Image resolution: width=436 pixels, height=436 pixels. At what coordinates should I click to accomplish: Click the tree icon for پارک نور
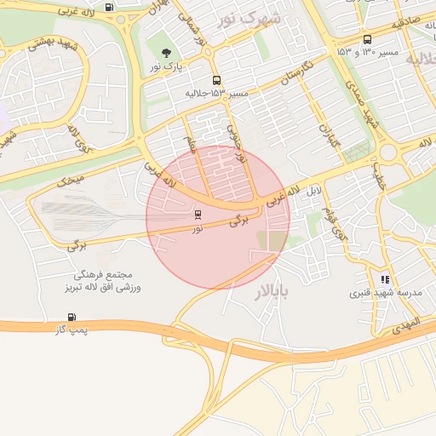[x=164, y=54]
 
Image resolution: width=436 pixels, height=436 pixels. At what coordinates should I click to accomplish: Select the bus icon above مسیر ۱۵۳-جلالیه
[x=216, y=79]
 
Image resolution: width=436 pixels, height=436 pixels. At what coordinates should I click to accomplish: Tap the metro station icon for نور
[x=198, y=214]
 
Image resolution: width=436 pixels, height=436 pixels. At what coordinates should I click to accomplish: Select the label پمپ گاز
[x=73, y=330]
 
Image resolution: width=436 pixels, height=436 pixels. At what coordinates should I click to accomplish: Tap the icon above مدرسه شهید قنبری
[x=385, y=278]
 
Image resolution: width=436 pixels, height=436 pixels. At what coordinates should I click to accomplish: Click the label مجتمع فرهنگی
[x=101, y=276]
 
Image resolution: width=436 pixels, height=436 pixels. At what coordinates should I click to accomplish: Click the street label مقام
[x=192, y=150]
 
